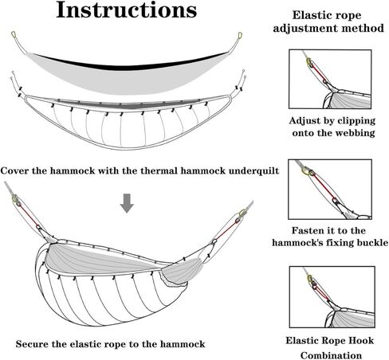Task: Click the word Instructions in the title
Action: [127, 10]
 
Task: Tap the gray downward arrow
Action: [127, 203]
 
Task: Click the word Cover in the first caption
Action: [14, 170]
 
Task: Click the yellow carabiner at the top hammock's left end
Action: [14, 34]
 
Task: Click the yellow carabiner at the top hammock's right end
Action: [239, 36]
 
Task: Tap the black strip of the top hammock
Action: [128, 63]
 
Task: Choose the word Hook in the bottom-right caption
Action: [362, 340]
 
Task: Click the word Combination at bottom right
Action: [331, 355]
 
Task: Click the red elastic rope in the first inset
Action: [317, 72]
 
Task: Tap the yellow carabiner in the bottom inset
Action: [310, 279]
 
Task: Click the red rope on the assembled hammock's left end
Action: [28, 215]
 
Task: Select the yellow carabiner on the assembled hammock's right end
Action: [242, 213]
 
